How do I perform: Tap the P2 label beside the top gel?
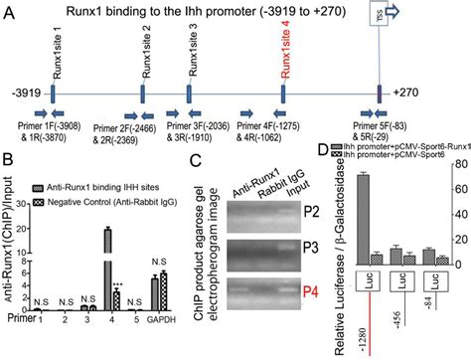coord(309,212)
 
